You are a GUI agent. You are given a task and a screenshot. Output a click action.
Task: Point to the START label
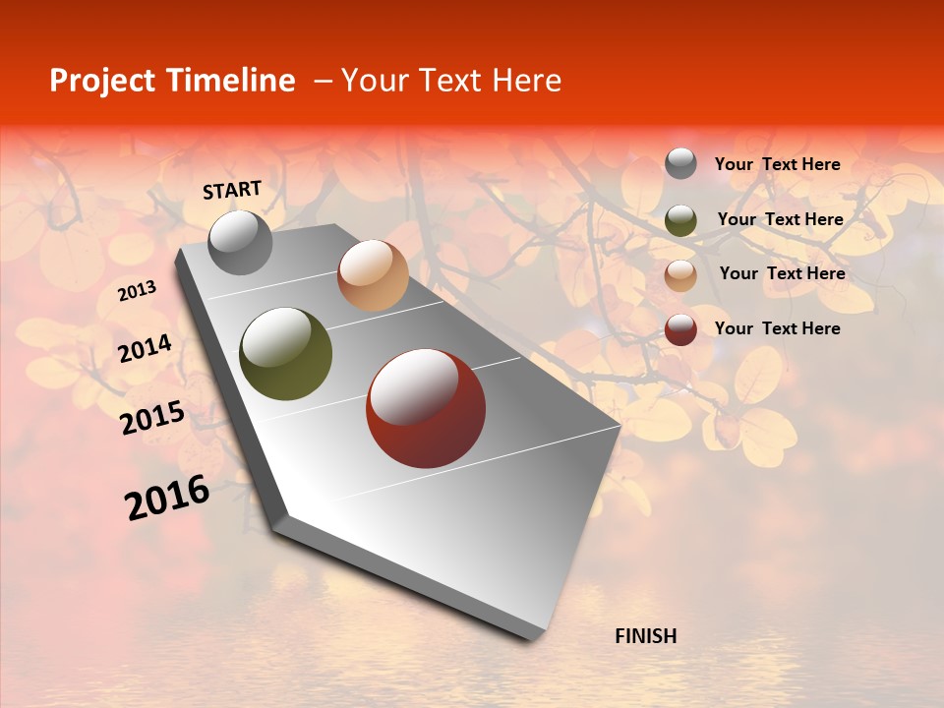(232, 190)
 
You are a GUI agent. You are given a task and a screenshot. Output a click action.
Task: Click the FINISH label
(645, 636)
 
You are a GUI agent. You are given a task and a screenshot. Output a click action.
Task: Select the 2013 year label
(138, 290)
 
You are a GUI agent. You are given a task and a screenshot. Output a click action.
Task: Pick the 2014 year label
(146, 349)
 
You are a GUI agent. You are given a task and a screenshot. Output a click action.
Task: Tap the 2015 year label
(152, 418)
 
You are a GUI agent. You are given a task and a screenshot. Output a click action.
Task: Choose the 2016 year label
(167, 498)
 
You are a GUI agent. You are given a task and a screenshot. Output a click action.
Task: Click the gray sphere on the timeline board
(240, 243)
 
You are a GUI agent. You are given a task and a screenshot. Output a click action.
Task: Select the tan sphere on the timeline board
(373, 275)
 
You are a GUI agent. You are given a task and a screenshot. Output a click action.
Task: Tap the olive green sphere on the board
(286, 354)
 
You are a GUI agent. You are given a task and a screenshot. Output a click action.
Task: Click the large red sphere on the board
(426, 408)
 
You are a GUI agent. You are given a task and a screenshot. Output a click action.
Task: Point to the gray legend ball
(680, 164)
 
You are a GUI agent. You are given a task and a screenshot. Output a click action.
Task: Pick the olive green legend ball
(680, 220)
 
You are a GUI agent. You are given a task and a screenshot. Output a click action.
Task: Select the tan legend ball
(680, 275)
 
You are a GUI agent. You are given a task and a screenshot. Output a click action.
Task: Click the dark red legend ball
(680, 329)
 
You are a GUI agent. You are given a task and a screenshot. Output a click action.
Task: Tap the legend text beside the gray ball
(778, 165)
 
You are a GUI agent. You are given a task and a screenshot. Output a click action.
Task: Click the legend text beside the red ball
(778, 328)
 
